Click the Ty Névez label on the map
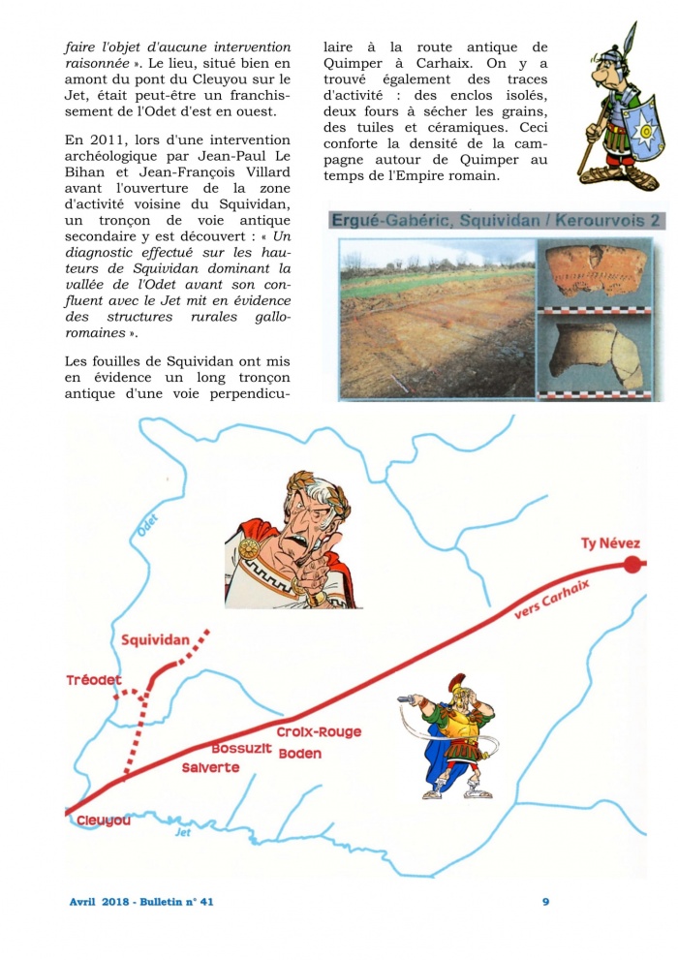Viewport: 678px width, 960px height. [x=610, y=543]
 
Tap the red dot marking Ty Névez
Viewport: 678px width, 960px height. [x=633, y=566]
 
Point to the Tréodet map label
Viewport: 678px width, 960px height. [x=94, y=680]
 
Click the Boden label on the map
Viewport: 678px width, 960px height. [x=299, y=754]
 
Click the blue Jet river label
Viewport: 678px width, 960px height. [x=183, y=832]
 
